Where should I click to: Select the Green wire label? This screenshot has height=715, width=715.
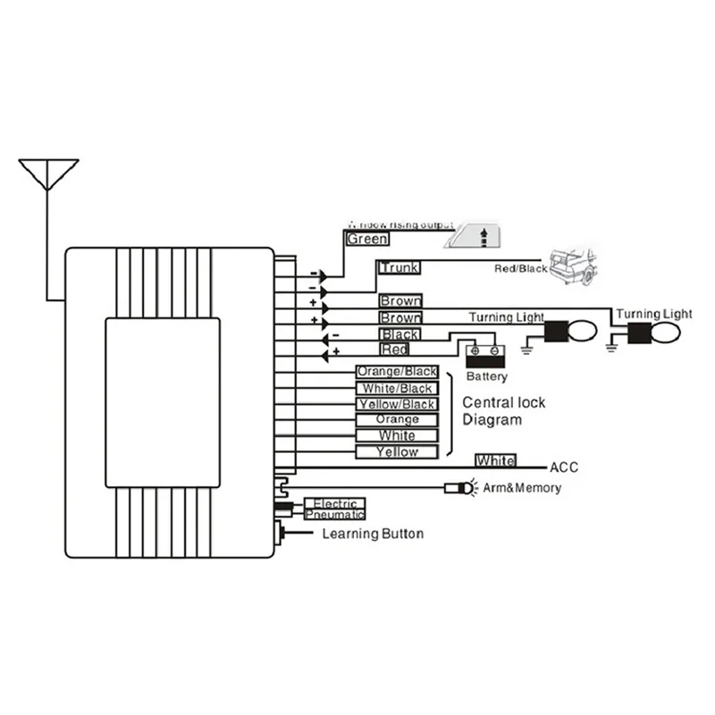367,240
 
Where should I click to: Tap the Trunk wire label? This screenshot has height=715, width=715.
399,267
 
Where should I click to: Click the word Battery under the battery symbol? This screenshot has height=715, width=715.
486,377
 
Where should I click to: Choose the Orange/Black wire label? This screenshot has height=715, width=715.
397,372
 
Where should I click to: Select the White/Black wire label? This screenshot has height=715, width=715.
397,388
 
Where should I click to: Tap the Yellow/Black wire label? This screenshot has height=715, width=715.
397,404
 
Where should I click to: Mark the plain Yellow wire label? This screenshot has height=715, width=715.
397,452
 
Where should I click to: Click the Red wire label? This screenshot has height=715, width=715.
395,349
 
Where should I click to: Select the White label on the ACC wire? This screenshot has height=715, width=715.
495,460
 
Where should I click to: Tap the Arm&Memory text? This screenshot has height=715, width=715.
522,488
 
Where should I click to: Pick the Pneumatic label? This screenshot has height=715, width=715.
335,515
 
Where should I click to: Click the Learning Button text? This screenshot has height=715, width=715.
373,534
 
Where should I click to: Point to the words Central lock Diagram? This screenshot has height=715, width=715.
503,411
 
